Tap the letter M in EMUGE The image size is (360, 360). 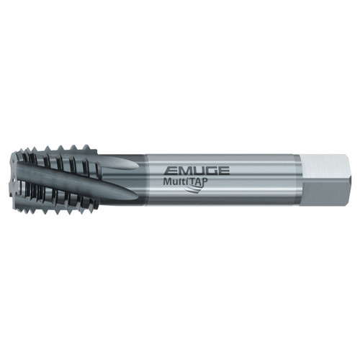[179, 171]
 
